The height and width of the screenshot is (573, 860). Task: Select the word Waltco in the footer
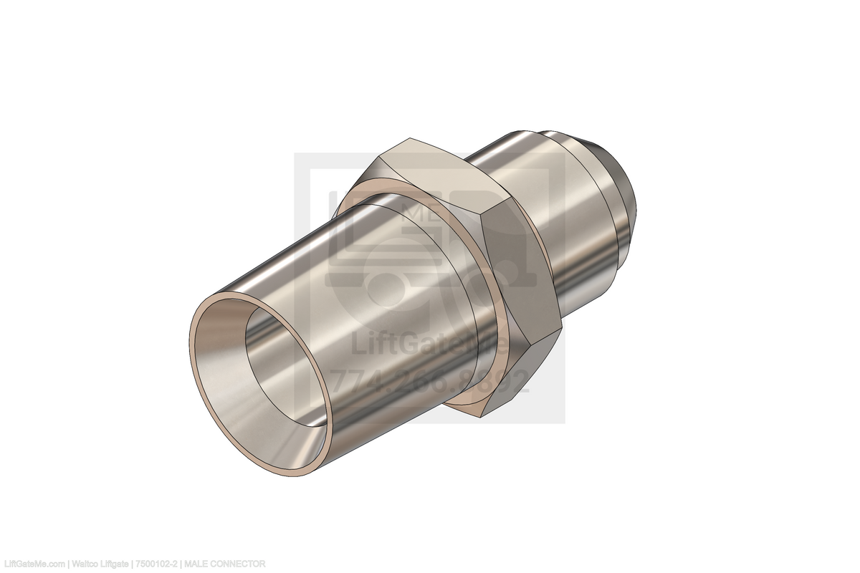point(85,564)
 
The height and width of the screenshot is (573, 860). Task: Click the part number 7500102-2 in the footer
point(157,564)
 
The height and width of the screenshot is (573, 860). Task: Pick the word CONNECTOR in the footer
point(239,564)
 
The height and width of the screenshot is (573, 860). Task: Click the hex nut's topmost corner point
point(408,139)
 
